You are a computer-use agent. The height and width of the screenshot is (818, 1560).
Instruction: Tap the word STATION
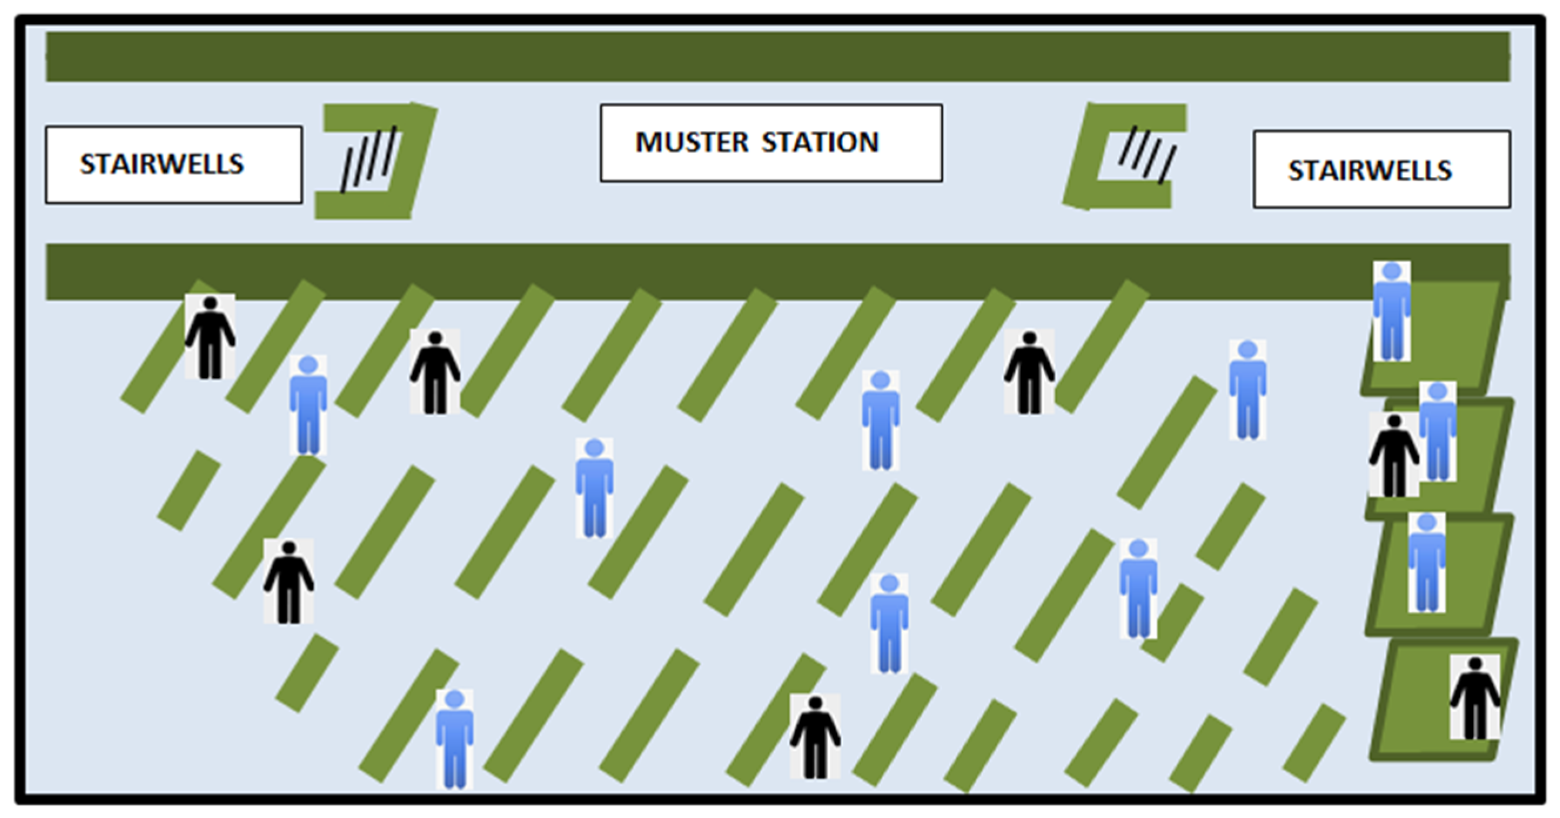[x=820, y=143]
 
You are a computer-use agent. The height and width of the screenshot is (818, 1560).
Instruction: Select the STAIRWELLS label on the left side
[x=162, y=165]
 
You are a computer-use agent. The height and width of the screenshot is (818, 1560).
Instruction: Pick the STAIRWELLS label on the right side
[x=1370, y=170]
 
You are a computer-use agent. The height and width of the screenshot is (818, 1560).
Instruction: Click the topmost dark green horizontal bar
[x=777, y=57]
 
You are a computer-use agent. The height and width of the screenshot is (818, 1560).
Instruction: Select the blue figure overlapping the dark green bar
[x=1391, y=311]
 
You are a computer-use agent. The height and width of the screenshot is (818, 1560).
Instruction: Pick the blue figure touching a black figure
[x=1438, y=431]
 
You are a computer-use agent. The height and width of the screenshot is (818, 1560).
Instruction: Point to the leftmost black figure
[x=210, y=337]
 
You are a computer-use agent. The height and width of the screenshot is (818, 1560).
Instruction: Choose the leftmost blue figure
[x=308, y=404]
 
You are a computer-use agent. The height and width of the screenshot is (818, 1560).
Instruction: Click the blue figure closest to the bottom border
[x=454, y=739]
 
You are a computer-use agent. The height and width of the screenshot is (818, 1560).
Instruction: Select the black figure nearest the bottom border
[x=815, y=736]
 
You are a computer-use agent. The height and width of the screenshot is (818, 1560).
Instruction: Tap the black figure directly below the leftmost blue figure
[x=289, y=581]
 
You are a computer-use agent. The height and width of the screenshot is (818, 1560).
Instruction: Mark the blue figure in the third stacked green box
[x=1427, y=562]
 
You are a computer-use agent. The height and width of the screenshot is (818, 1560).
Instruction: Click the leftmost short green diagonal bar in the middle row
[x=189, y=491]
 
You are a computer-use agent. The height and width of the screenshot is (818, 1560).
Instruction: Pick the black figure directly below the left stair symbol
[x=435, y=372]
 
